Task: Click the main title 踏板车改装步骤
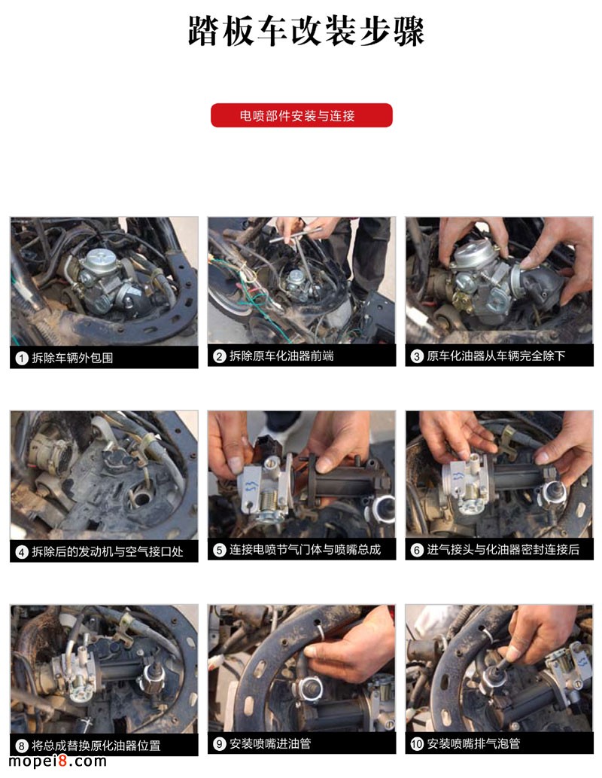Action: pos(306,31)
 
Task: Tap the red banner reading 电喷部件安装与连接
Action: pos(302,116)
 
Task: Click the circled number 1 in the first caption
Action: pos(21,358)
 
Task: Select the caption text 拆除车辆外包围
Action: pos(72,358)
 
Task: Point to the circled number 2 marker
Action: pos(219,355)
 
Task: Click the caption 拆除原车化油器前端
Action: pos(281,355)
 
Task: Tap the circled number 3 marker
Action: pos(417,355)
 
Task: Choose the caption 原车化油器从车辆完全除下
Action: pos(496,355)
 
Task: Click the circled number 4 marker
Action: pos(21,552)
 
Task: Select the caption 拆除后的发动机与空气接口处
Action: pos(108,552)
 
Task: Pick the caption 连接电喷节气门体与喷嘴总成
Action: pos(305,550)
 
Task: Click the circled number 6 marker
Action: pos(417,550)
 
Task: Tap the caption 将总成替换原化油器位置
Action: pos(96,746)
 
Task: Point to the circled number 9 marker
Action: pos(219,743)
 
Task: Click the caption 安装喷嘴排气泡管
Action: pos(473,743)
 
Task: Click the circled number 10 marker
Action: pos(417,743)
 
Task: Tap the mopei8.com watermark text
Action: pos(57,761)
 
